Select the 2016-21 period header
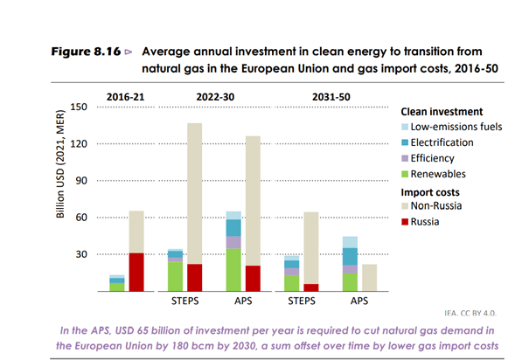click(x=126, y=95)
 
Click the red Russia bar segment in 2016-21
click(x=136, y=272)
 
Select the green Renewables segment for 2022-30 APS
click(x=233, y=270)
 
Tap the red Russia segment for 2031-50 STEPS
click(x=310, y=287)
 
